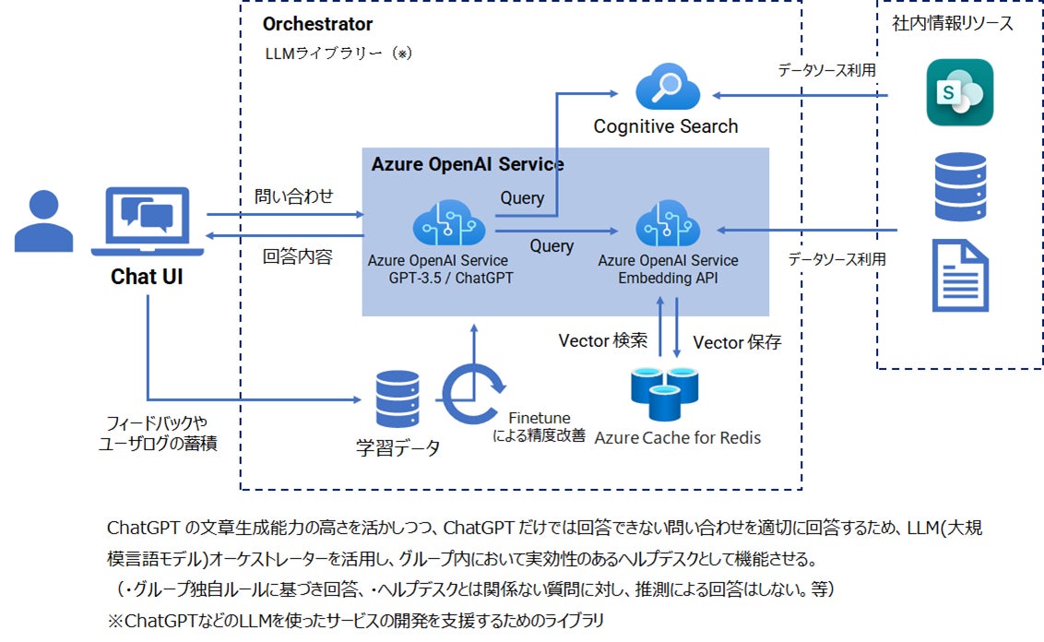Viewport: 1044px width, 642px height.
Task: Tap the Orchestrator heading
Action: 317,24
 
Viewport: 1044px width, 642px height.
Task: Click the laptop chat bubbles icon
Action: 148,220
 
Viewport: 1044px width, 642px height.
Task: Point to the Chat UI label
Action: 147,276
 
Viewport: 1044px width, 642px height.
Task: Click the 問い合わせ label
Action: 293,196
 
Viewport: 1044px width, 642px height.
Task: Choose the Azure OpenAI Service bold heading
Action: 468,164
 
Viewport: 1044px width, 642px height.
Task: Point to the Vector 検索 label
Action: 603,341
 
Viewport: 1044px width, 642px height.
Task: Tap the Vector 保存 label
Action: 737,342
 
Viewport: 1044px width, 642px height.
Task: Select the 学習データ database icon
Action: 397,399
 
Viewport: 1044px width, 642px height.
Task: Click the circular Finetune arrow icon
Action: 473,395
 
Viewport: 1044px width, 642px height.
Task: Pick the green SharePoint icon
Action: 959,92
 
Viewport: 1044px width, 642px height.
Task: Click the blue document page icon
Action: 960,275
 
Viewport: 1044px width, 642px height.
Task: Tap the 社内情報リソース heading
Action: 953,24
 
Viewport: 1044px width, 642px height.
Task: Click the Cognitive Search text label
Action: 665,126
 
